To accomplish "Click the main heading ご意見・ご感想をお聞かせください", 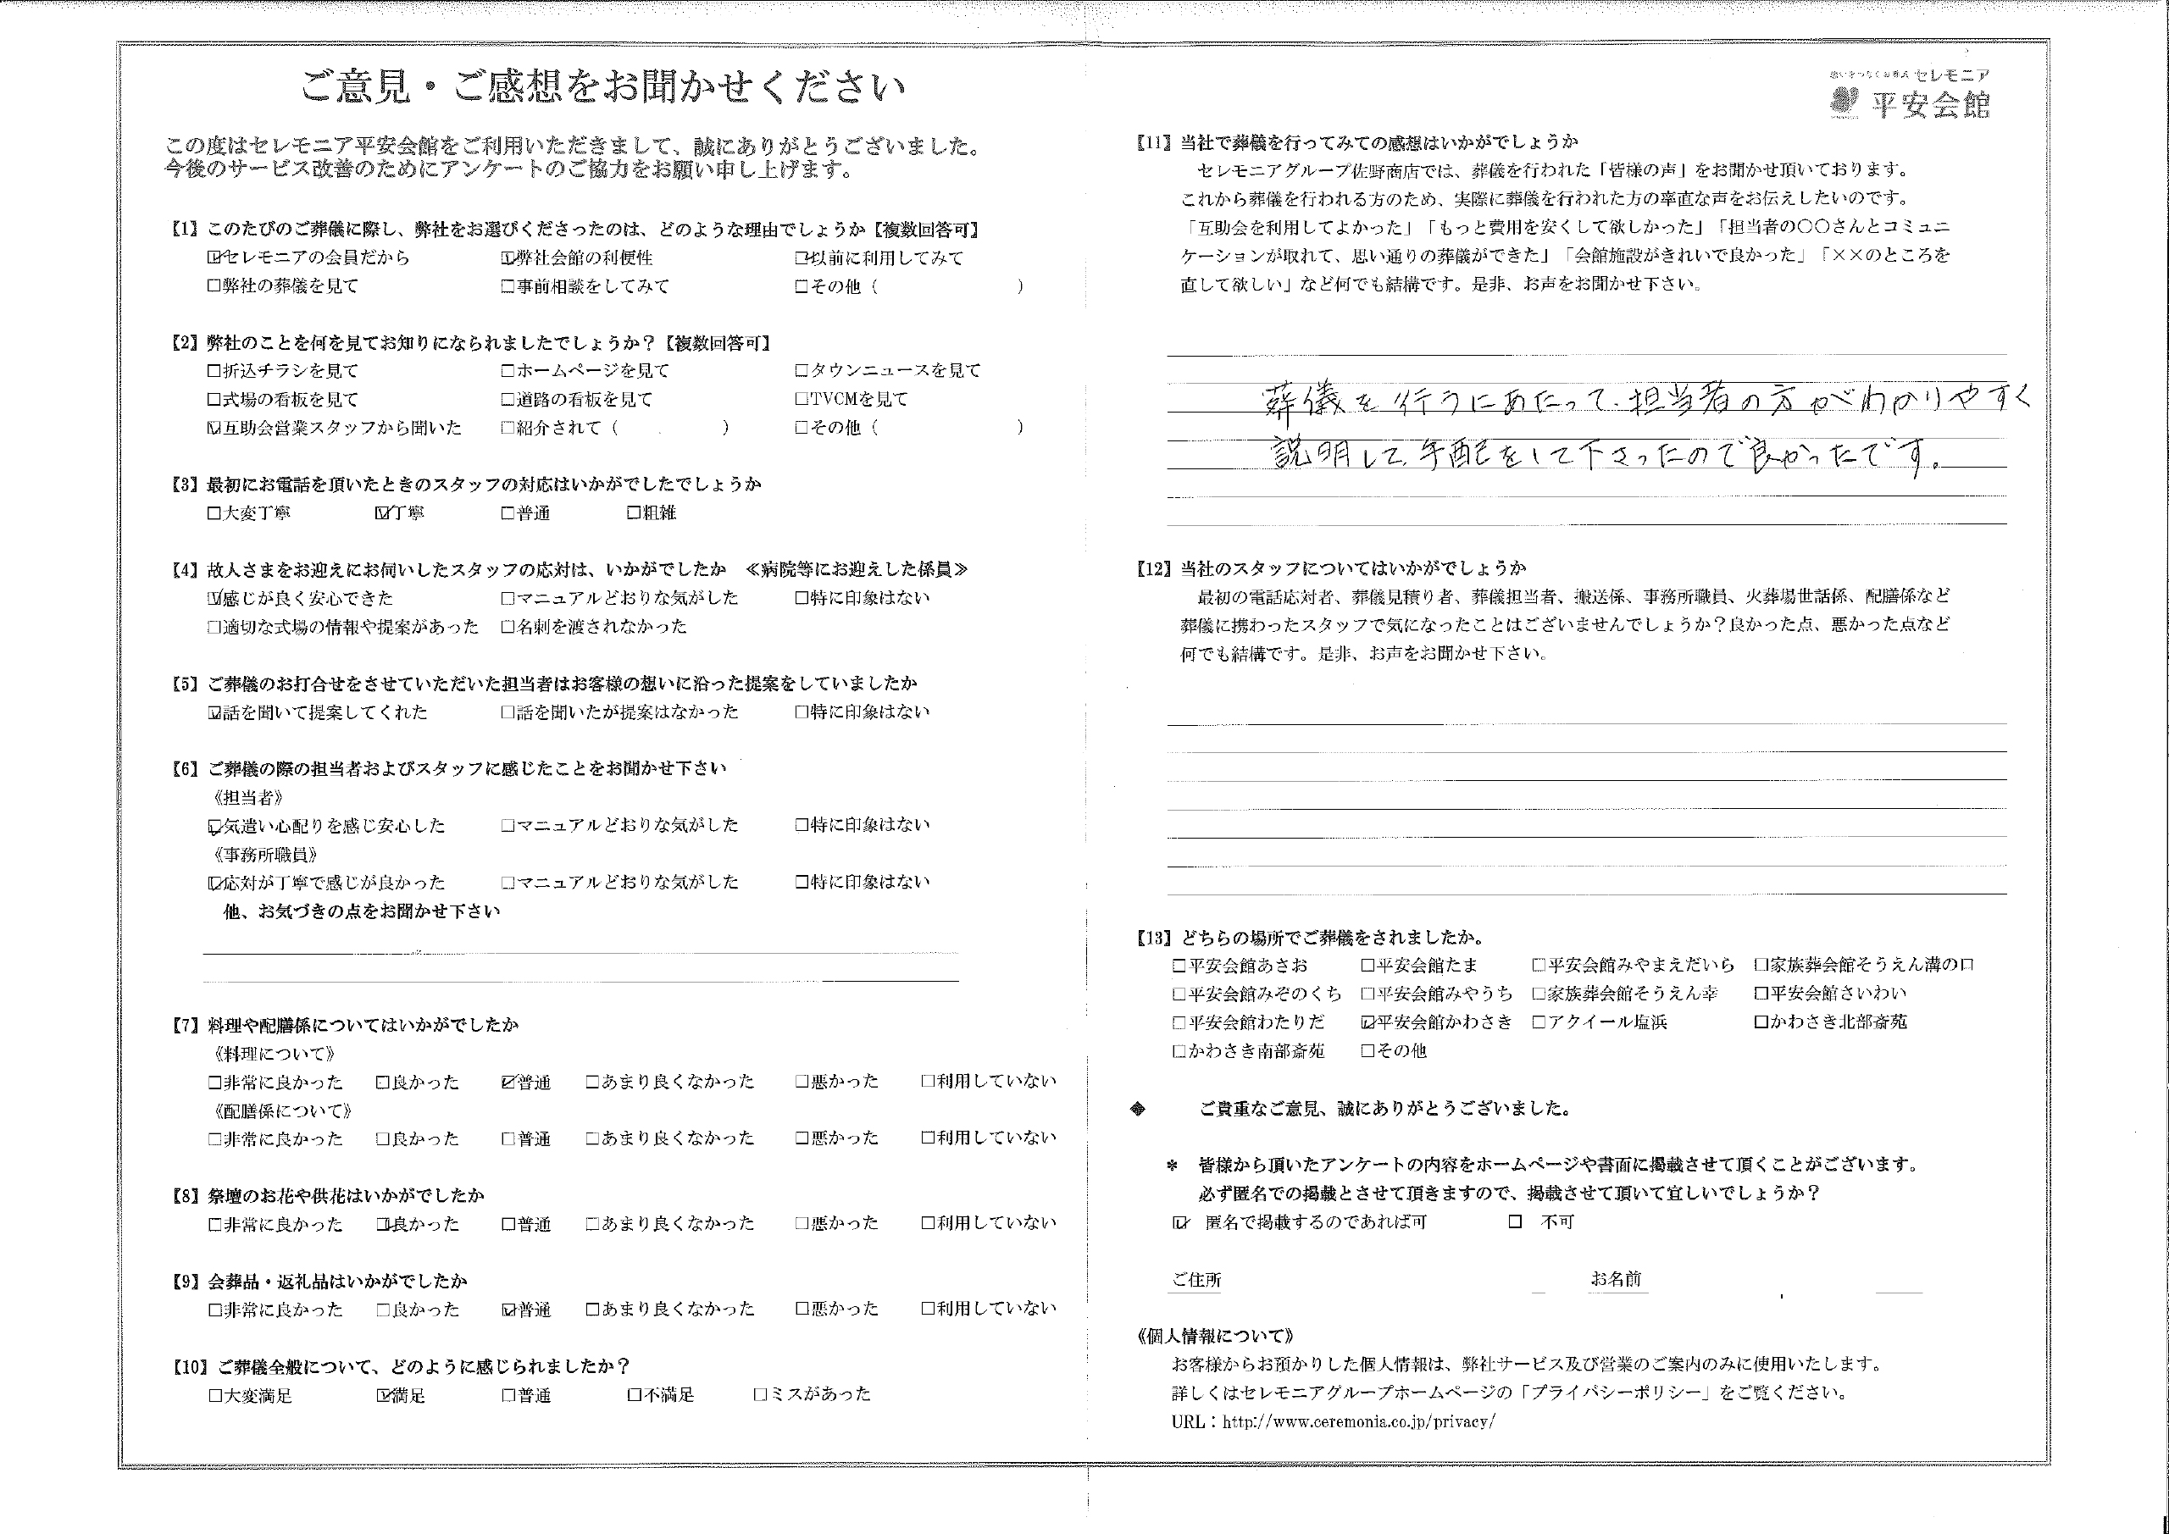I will tap(602, 88).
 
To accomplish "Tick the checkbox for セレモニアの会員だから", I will tap(214, 258).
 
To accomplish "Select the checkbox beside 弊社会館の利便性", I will tap(508, 258).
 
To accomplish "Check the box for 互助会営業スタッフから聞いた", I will tap(214, 428).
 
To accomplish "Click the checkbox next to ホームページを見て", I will tap(508, 371).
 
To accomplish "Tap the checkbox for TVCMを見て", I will tap(802, 400).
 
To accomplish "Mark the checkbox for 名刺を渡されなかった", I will tap(508, 626).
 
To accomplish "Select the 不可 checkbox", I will tap(1515, 1222).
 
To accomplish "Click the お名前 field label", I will tap(1616, 1280).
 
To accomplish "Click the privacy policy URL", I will tap(1358, 1421).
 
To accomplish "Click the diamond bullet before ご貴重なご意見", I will tap(1139, 1109).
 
